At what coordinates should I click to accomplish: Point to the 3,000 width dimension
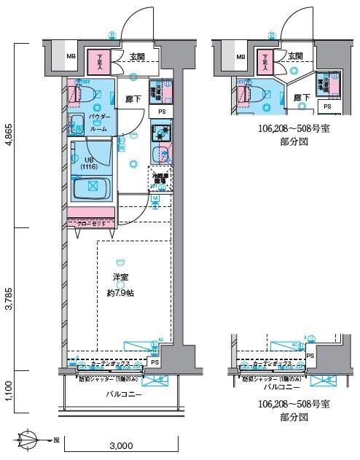[x=121, y=445]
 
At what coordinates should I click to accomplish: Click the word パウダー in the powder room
[x=99, y=117]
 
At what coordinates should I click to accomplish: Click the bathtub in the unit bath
[x=92, y=187]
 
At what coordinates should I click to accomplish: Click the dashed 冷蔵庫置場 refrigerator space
[x=160, y=178]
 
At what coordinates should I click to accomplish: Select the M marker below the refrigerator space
[x=156, y=198]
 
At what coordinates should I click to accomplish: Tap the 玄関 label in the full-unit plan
[x=137, y=56]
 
